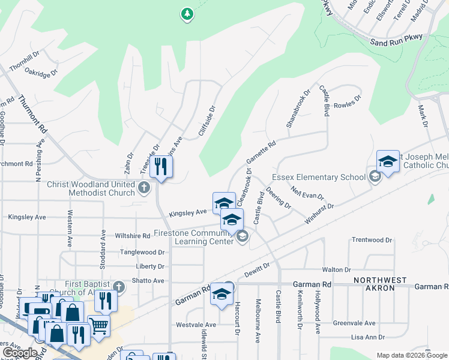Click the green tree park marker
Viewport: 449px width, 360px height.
coord(187,13)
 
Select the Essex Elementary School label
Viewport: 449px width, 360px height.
coord(318,177)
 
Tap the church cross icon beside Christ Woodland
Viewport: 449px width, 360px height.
coord(143,188)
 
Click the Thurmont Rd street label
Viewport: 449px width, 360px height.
coord(32,114)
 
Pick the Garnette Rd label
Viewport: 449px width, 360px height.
coord(261,153)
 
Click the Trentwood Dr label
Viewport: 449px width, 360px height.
coord(372,240)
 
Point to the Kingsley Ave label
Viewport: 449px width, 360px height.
coord(187,213)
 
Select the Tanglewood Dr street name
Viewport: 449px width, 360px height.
coord(142,253)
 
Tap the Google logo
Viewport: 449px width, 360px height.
coord(20,353)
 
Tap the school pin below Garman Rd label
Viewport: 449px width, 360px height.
coord(221,295)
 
